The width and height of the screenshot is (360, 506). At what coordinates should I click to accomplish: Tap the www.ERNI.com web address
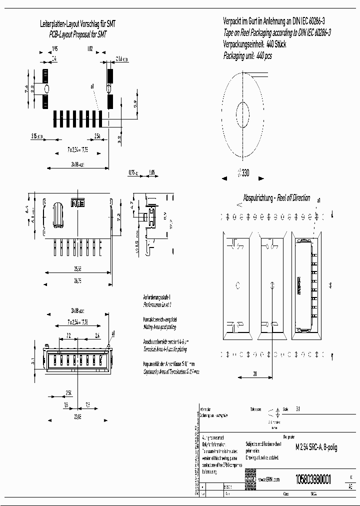click(x=269, y=479)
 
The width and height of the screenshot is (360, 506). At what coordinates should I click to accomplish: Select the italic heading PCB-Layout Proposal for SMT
click(x=77, y=34)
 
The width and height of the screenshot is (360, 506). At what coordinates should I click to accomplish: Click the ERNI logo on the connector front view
click(x=78, y=204)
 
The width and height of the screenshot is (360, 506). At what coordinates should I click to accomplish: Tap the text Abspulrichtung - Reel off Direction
click(x=276, y=198)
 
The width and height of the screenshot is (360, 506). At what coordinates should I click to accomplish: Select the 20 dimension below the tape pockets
click(x=254, y=373)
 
